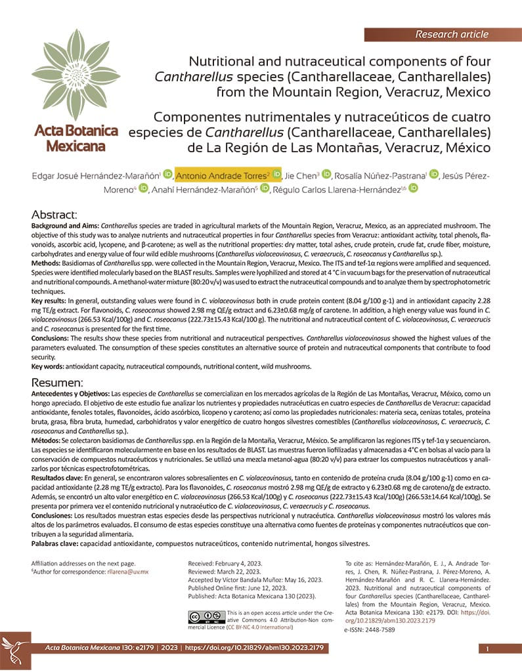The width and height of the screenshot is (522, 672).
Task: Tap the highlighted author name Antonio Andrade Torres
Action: click(x=222, y=175)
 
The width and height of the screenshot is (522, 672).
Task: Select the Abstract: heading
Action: click(x=55, y=215)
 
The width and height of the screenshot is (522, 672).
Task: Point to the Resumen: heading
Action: click(x=58, y=383)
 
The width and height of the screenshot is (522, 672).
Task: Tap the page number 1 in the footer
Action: click(x=488, y=649)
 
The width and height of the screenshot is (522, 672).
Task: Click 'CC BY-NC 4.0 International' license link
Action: click(x=259, y=627)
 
